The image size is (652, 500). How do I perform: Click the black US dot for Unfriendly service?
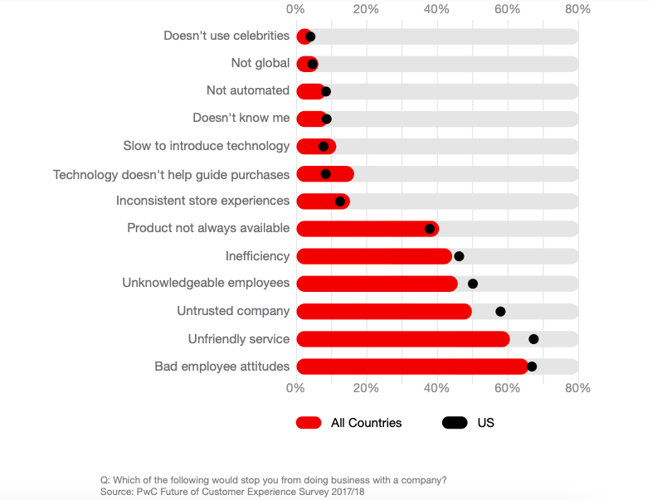click(x=533, y=339)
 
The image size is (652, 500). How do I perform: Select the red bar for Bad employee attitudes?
click(x=412, y=367)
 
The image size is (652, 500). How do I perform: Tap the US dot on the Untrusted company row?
click(x=500, y=311)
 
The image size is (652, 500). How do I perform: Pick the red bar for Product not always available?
click(x=367, y=229)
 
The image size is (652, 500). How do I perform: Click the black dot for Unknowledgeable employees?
click(x=472, y=284)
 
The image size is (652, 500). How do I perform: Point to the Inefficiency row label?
click(x=257, y=256)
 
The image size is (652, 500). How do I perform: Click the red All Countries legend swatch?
click(x=309, y=423)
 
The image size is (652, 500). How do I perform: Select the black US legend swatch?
click(x=455, y=423)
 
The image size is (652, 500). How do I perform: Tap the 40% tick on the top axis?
click(x=436, y=9)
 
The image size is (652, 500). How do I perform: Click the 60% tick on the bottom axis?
click(x=507, y=388)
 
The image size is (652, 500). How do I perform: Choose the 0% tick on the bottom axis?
click(x=295, y=388)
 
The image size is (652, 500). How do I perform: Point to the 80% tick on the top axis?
click(x=577, y=9)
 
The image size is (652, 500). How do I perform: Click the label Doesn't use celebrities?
click(x=226, y=36)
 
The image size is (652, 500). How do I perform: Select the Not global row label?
click(x=260, y=63)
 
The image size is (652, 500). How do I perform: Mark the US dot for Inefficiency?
click(x=459, y=256)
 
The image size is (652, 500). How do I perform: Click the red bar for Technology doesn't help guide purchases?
click(x=325, y=174)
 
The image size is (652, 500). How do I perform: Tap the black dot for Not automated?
click(x=325, y=91)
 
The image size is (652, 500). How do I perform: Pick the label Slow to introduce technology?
click(x=207, y=146)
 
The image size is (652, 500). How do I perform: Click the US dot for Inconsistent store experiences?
click(x=340, y=201)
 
